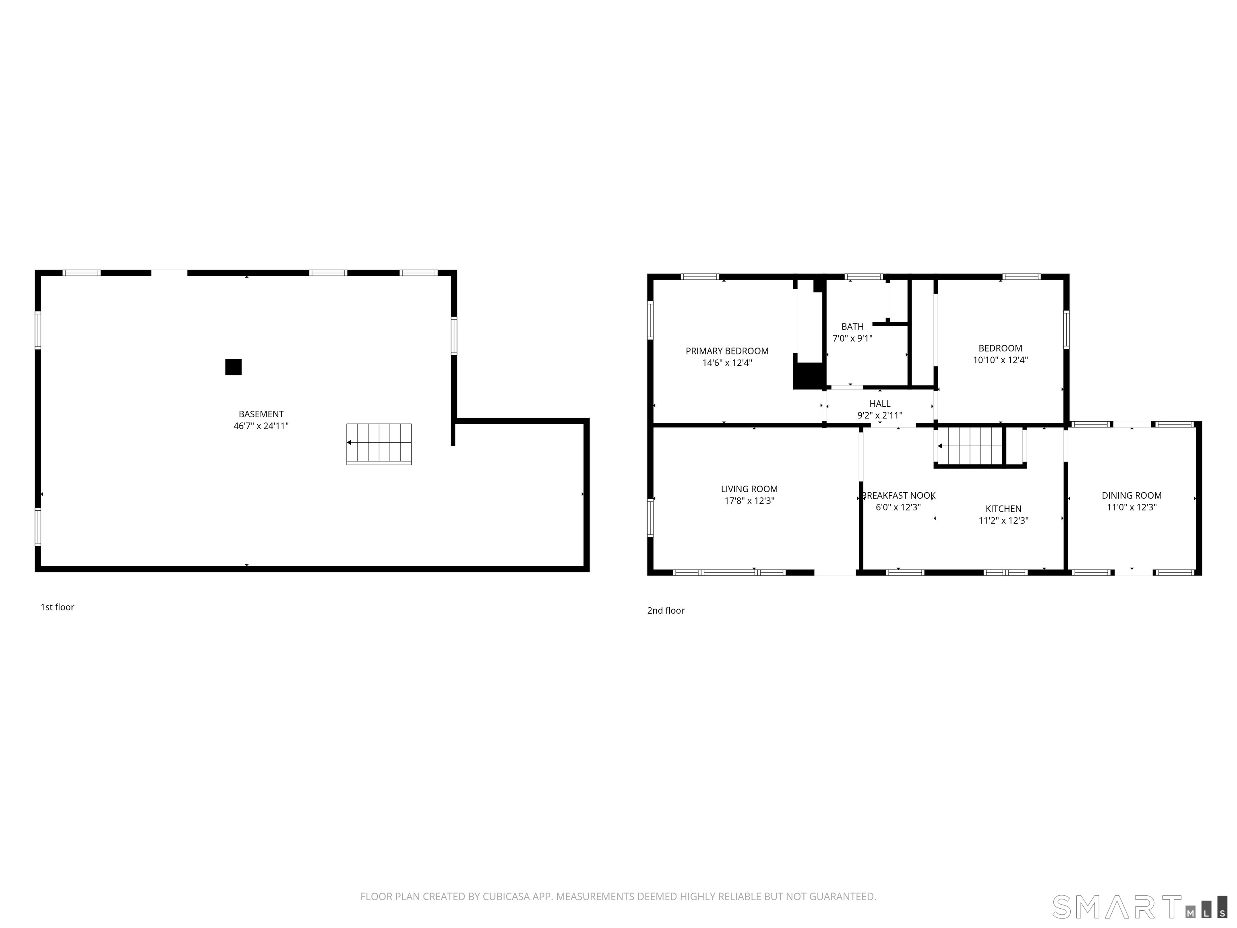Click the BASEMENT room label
[261, 414]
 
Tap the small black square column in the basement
[233, 367]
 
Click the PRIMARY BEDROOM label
[727, 351]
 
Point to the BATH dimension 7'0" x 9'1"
[852, 338]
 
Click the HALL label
[880, 403]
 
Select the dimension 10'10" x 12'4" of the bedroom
[1001, 360]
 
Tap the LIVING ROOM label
[749, 489]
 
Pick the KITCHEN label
[1003, 508]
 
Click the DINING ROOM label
[1132, 495]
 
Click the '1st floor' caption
[57, 607]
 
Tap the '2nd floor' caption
[666, 610]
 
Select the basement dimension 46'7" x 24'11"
[261, 426]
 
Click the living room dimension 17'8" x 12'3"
[749, 501]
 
